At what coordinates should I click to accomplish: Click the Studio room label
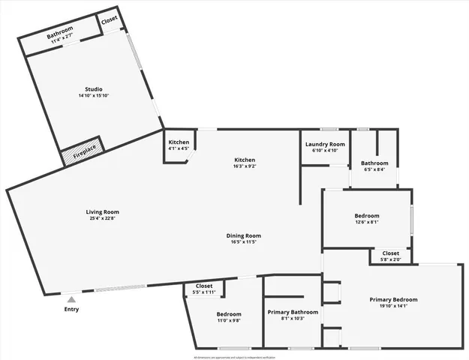[94, 89]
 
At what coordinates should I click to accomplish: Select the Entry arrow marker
[71, 299]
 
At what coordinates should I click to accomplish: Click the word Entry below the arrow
[71, 309]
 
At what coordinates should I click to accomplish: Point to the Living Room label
[103, 212]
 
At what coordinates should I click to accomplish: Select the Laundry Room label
[325, 144]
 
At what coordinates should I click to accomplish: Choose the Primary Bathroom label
[293, 312]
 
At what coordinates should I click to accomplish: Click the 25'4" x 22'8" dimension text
[103, 219]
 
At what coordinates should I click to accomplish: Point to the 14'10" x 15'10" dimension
[94, 96]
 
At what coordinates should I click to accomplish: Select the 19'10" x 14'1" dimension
[393, 306]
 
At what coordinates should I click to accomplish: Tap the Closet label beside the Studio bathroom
[110, 21]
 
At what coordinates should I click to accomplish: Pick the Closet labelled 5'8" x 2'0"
[391, 256]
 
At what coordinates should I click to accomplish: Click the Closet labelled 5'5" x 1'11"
[204, 288]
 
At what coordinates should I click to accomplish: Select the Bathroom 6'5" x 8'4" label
[374, 166]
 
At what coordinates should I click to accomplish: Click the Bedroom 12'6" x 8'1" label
[367, 218]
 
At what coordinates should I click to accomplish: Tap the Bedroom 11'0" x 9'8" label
[229, 316]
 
